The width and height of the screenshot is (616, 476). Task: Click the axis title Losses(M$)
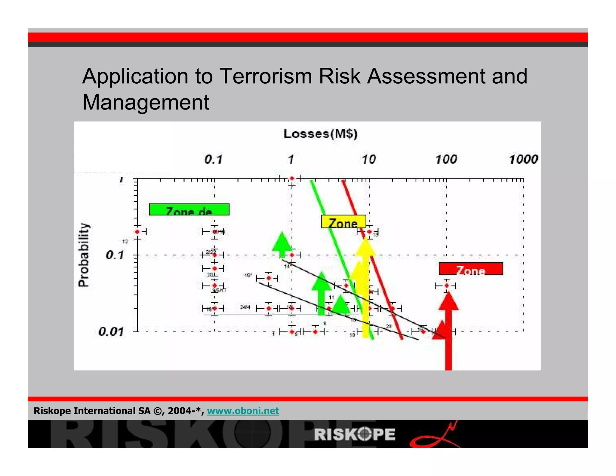320,134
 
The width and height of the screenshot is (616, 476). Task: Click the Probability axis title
84,255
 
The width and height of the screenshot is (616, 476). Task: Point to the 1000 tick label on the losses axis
523,159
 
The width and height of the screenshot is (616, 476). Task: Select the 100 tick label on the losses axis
446,159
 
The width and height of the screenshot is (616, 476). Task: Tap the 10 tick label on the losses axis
369,159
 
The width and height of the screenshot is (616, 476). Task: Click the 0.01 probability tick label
111,332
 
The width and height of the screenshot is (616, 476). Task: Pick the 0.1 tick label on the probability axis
115,255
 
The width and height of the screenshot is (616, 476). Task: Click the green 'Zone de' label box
189,210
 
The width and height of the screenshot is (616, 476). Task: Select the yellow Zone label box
343,222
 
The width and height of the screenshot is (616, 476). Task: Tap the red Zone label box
471,269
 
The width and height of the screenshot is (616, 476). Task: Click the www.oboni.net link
243,411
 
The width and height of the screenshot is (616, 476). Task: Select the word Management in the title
146,102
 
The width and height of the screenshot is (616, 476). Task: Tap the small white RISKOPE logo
355,434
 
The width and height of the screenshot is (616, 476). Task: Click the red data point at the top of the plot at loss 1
292,178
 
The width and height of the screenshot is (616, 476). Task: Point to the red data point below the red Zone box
447,286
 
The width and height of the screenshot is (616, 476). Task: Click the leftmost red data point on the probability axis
137,232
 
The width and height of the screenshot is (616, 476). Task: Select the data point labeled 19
269,278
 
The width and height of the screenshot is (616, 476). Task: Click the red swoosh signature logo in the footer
435,437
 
